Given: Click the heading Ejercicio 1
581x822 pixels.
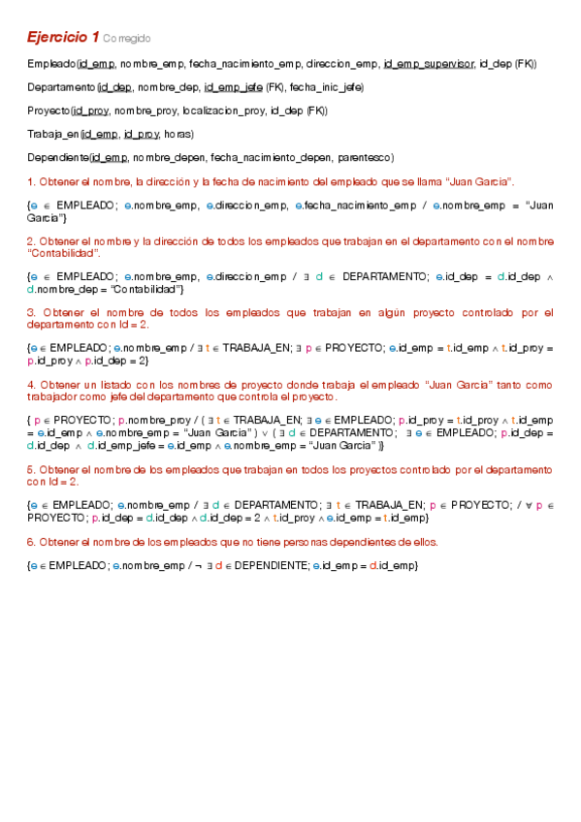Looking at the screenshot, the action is point(62,37).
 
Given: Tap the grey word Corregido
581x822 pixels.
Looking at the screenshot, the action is point(127,39).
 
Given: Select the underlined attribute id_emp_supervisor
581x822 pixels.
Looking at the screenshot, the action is point(429,64).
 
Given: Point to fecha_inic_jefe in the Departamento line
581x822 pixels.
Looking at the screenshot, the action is point(327,87).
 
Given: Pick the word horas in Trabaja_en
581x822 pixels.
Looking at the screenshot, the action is point(177,134).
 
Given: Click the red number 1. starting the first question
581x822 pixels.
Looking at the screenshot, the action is point(31,181).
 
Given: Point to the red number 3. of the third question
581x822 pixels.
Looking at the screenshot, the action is point(31,312).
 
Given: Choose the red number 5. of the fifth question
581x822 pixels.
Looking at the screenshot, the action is point(31,469).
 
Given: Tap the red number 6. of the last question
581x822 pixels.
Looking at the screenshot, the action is point(31,541).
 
